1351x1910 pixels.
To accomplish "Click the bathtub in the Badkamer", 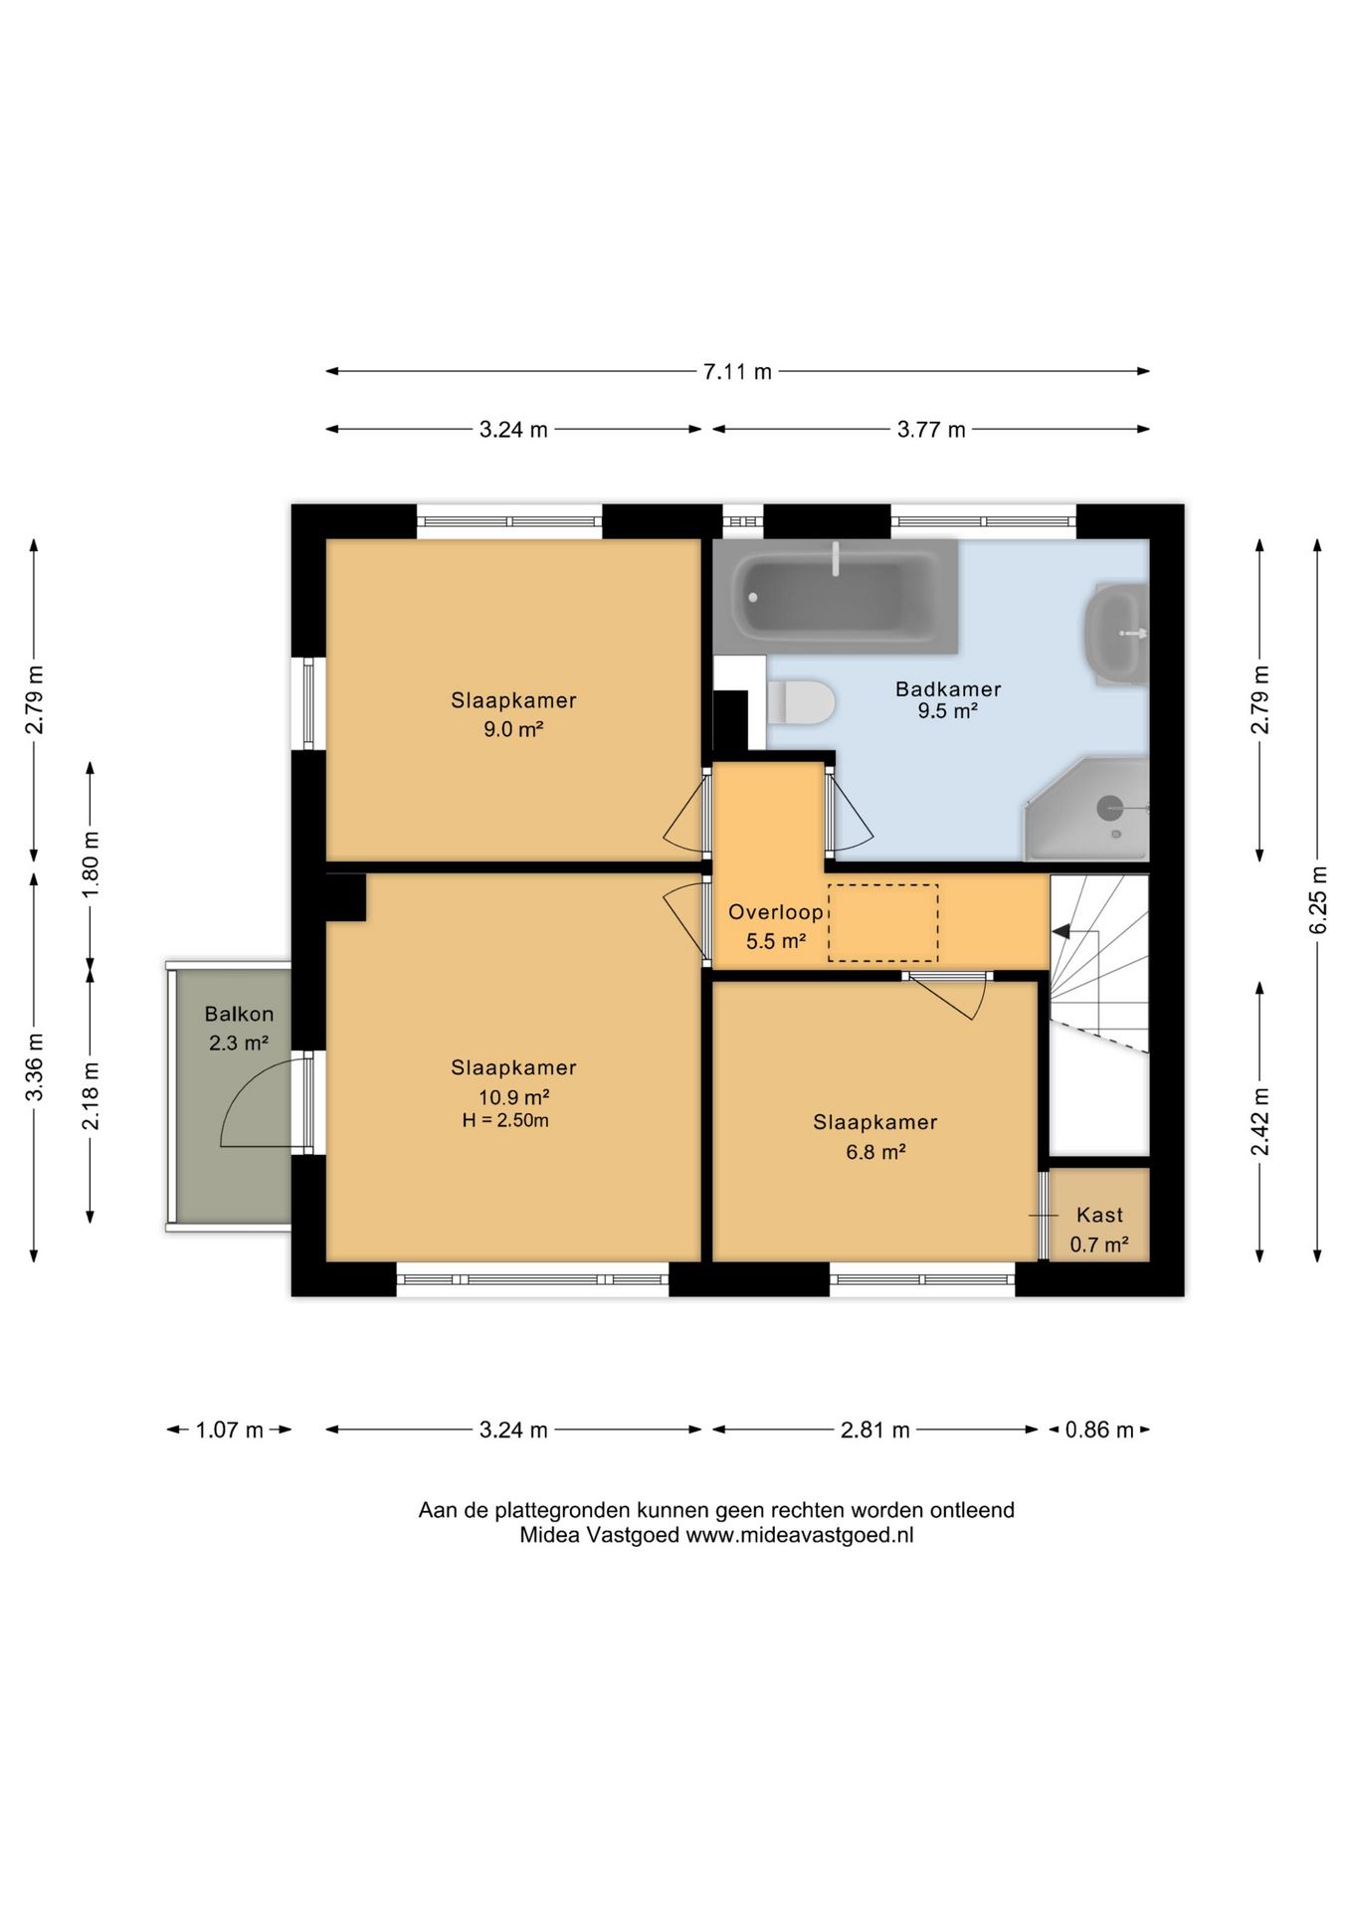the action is coord(836,597).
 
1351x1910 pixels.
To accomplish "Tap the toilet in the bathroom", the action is coord(800,702).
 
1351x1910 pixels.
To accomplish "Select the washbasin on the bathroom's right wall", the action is coord(1117,634).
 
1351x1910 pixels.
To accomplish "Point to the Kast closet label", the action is coord(1099,1215).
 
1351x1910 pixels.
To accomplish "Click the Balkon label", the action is coord(239,1014).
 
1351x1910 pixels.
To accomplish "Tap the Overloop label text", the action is coord(776,912).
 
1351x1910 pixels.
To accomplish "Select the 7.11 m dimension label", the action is coord(737,372).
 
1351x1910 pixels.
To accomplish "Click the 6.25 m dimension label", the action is coord(1318,900).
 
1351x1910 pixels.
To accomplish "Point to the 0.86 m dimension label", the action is coord(1099,1431).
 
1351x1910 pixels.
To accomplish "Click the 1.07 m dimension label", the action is coord(229,1431).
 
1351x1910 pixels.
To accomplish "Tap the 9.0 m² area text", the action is coord(513,729).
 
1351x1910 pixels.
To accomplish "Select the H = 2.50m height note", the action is coord(505,1120).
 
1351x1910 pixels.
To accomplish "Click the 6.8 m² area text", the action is coord(875,1152).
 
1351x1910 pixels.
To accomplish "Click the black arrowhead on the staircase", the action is coord(1061,932).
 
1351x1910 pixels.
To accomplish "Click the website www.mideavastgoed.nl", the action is coord(800,1535).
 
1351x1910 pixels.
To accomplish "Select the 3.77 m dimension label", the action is coord(931,430).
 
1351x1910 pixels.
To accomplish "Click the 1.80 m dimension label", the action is coord(91,863).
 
